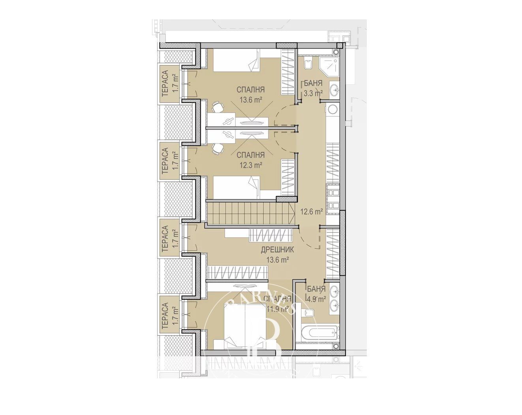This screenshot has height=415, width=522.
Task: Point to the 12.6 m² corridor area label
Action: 312,211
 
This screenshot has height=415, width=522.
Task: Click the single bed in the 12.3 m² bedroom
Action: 237,187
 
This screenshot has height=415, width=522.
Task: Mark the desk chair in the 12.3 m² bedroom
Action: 216,148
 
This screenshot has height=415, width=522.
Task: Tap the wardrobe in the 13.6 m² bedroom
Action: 288,72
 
